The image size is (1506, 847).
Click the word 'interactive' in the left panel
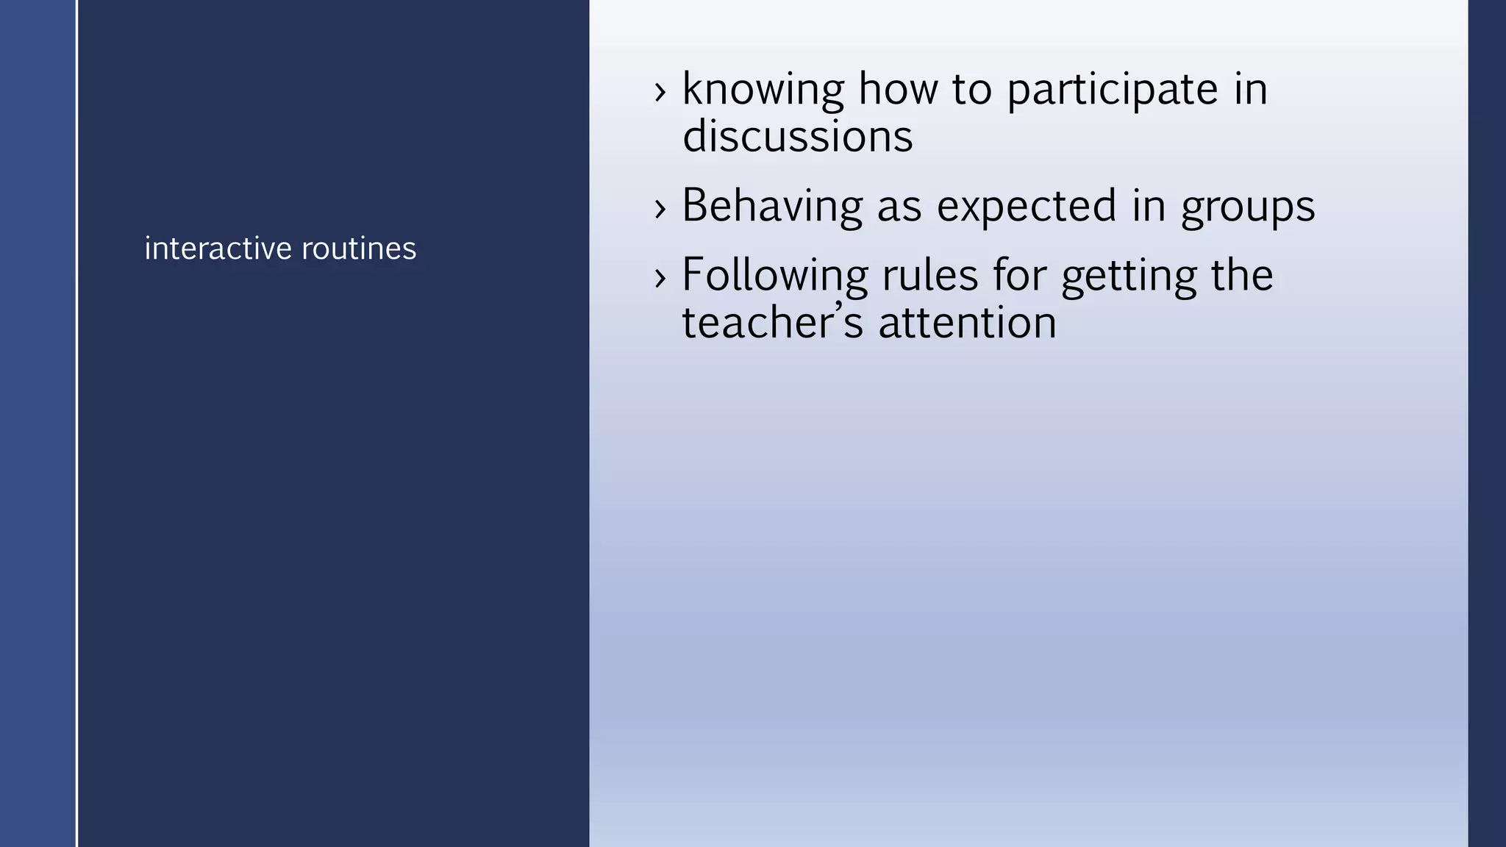click(x=218, y=249)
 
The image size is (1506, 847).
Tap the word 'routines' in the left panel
click(x=359, y=249)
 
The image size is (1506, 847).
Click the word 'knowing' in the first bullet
click(x=763, y=90)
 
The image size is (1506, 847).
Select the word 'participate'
click(x=1112, y=90)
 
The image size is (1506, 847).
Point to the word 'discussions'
click(x=797, y=137)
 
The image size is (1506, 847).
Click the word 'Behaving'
click(x=771, y=206)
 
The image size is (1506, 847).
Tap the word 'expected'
click(x=1027, y=206)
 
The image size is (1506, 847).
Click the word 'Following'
click(x=774, y=276)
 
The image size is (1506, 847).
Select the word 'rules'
click(x=929, y=275)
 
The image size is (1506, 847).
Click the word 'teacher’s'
click(x=772, y=323)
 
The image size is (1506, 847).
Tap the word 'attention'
click(x=967, y=323)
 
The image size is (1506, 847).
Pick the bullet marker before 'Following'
click(x=660, y=278)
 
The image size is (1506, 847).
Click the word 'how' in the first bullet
click(x=898, y=89)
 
